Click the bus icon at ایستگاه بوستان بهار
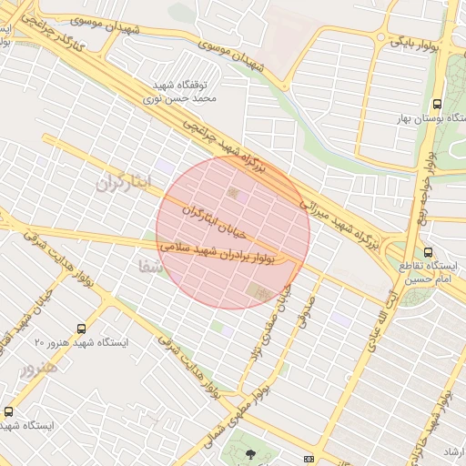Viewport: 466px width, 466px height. pyautogui.click(x=438, y=104)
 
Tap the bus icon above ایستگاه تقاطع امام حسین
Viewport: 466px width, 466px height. pyautogui.click(x=428, y=253)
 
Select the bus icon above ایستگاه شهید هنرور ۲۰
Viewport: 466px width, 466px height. pyautogui.click(x=82, y=329)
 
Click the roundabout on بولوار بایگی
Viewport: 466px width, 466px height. pyautogui.click(x=376, y=37)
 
